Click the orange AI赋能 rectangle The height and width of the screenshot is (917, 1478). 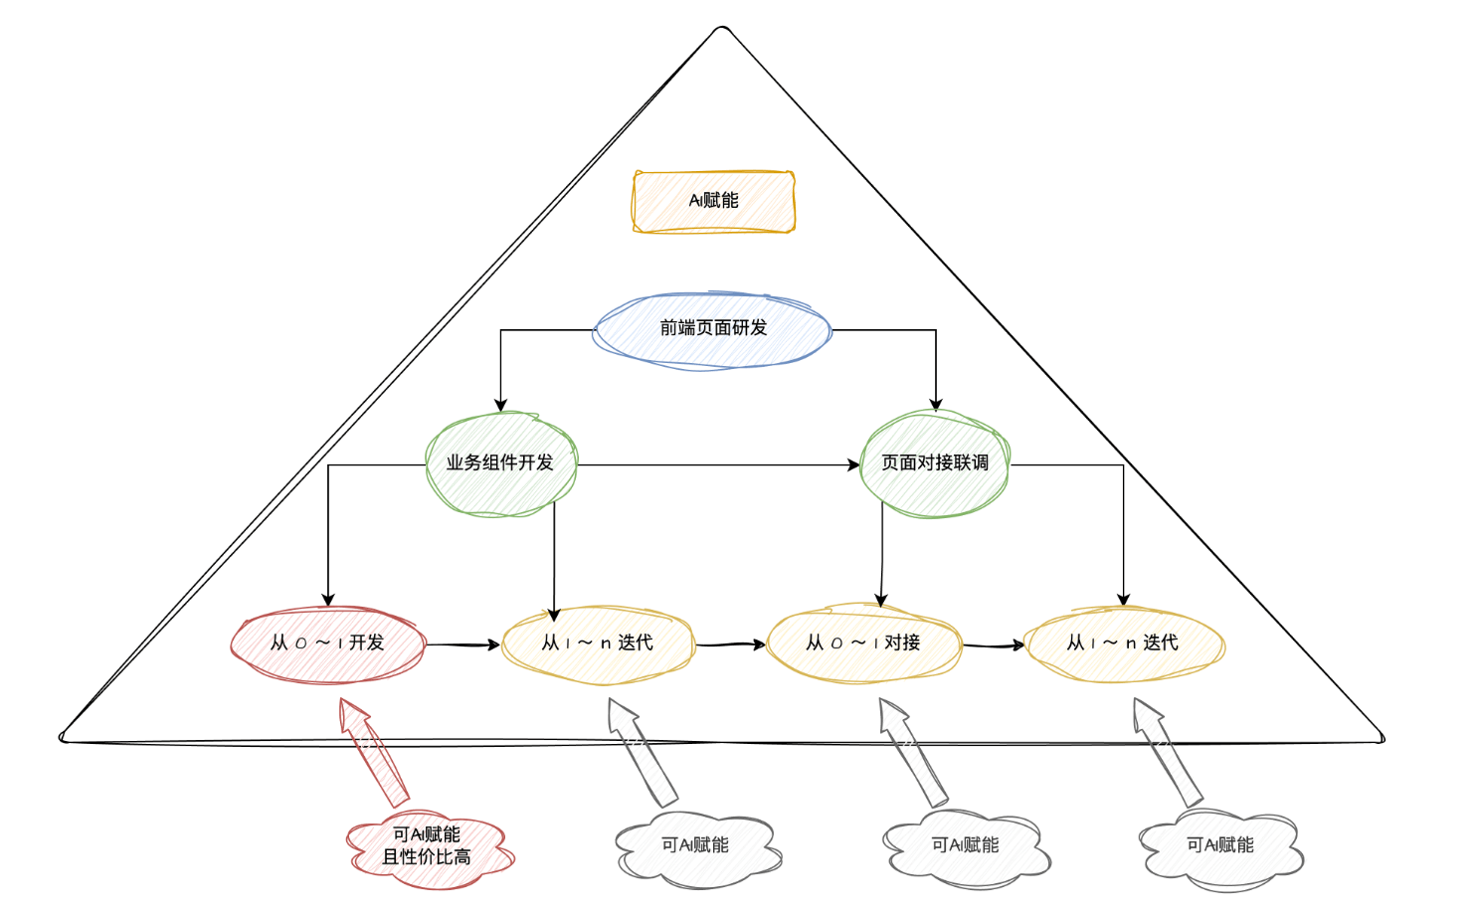(x=713, y=201)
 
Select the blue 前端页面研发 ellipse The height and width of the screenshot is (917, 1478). (x=712, y=329)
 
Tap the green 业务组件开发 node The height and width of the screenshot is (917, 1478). (x=500, y=463)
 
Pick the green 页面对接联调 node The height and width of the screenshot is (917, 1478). (x=934, y=463)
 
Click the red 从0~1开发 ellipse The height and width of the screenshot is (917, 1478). (x=327, y=643)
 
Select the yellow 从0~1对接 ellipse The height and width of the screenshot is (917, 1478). (x=863, y=643)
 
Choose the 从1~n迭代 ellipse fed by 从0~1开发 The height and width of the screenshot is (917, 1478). (x=597, y=643)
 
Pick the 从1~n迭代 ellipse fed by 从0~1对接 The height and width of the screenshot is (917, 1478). (x=1123, y=643)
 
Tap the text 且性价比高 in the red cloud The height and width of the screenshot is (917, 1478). (x=427, y=857)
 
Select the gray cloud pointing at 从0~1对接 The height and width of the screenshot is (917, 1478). (x=965, y=846)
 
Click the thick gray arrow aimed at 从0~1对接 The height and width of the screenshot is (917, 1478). (x=911, y=750)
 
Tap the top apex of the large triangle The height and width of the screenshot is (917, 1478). (x=722, y=29)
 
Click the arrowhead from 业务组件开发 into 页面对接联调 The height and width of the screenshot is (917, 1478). (x=853, y=464)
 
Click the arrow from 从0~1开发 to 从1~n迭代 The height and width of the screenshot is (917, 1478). (x=463, y=645)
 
